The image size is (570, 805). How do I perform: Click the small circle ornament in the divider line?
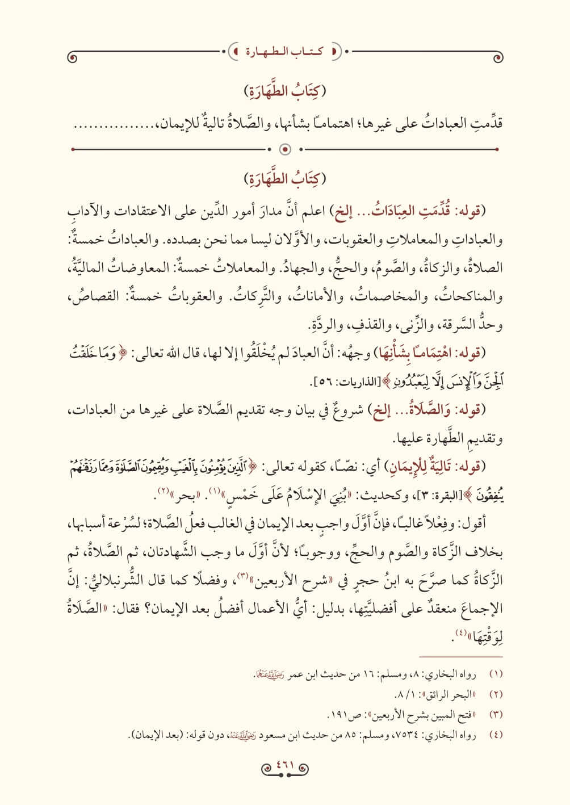tap(286, 150)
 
